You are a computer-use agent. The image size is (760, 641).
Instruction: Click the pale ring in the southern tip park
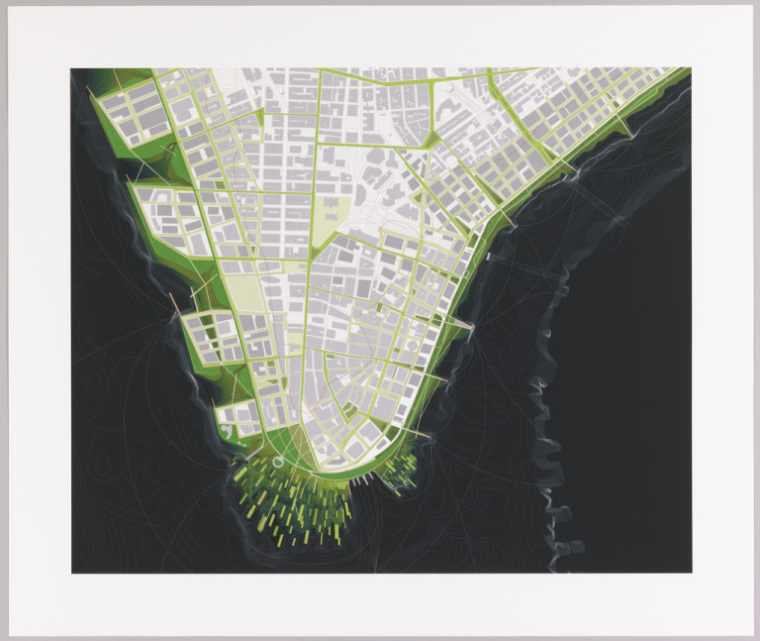(278, 460)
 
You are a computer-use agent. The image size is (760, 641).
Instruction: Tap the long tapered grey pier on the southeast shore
(458, 324)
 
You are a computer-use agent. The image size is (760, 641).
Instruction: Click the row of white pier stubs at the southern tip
(367, 480)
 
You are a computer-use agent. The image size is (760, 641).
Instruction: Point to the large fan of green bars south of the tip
(287, 510)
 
